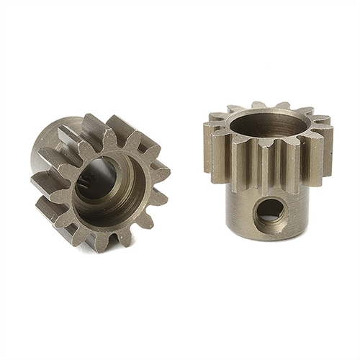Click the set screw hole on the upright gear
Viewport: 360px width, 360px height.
coord(269,212)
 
